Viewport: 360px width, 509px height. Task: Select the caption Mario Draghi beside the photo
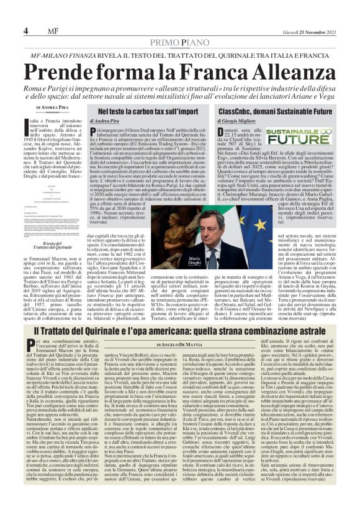195,259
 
